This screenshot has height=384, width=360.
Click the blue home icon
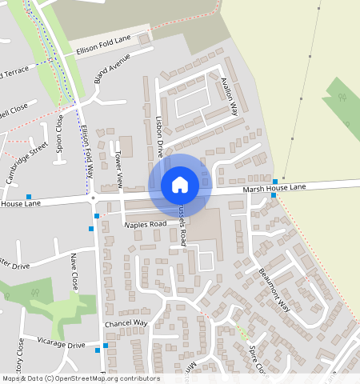[180, 185]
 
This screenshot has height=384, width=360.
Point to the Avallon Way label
[230, 94]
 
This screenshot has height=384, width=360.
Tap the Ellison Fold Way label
[86, 150]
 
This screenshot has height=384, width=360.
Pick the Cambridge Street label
[28, 162]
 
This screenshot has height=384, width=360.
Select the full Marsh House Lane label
[274, 187]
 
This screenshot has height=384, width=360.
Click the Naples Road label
[145, 224]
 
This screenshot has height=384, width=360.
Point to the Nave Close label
[74, 271]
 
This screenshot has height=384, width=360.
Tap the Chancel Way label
[126, 323]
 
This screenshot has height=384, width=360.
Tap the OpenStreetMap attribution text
[80, 378]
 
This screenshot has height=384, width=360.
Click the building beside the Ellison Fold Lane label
[144, 38]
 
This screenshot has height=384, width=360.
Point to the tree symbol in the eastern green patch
[342, 98]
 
